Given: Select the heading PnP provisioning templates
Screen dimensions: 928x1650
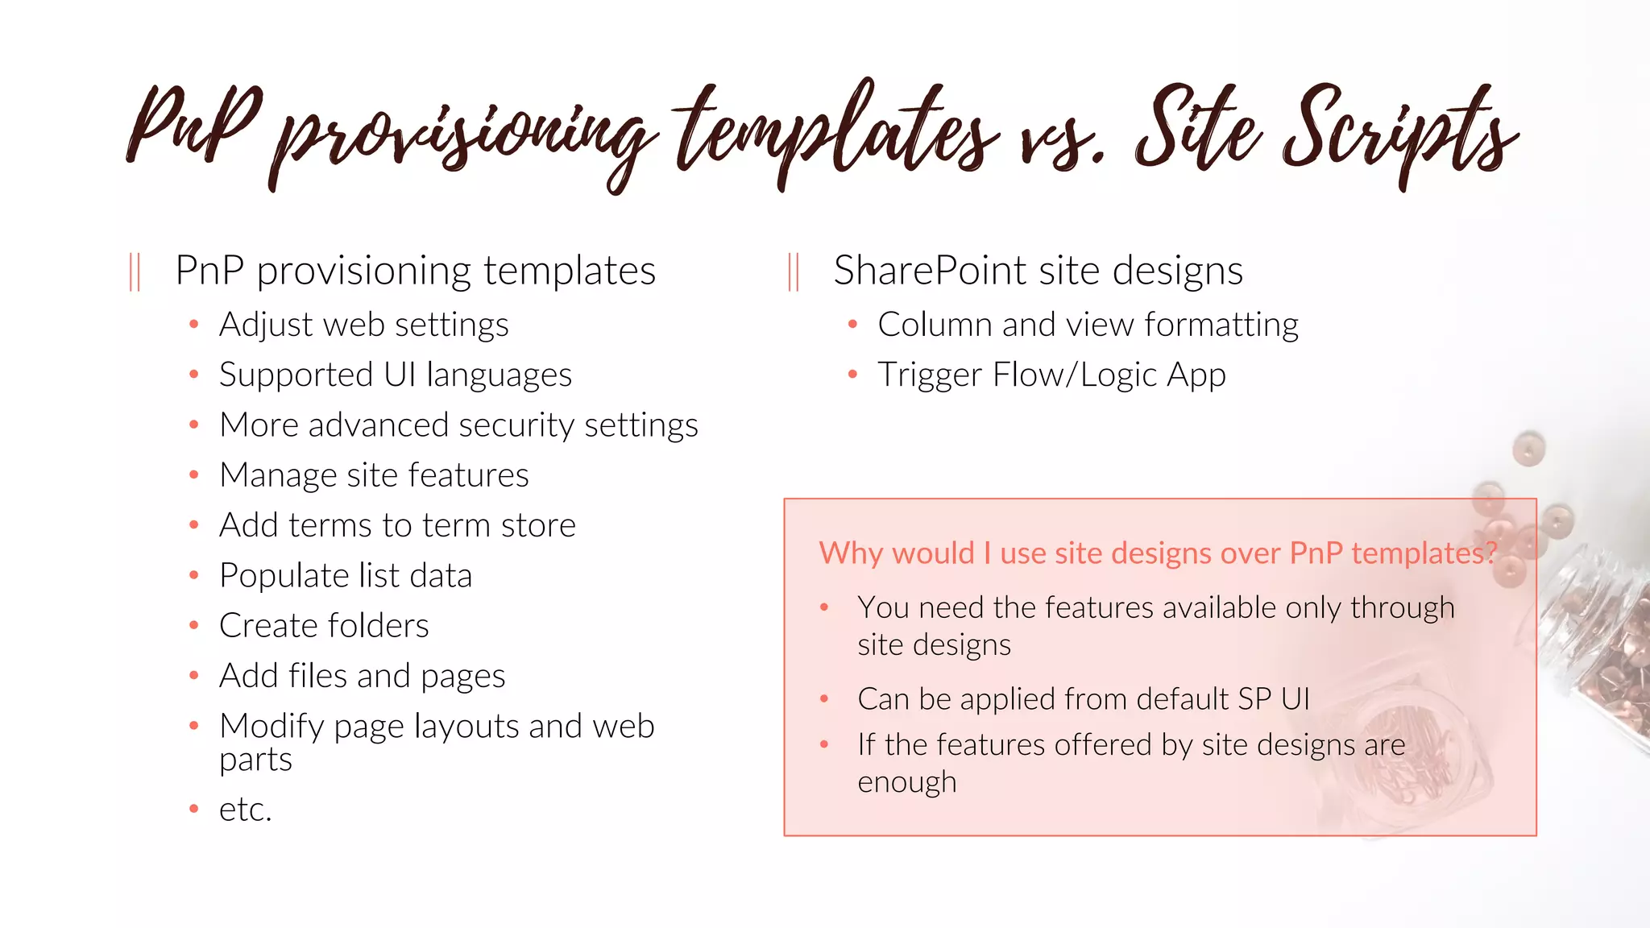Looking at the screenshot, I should pos(415,271).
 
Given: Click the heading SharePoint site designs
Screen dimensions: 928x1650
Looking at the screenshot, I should pos(1038,271).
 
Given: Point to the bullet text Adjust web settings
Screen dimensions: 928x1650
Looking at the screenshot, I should pos(363,325).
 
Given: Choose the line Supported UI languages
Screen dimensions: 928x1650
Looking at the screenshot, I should pos(395,375).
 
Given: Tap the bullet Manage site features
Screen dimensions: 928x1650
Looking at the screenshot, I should pos(374,475).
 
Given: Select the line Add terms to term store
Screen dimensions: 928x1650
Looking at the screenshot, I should pos(397,525).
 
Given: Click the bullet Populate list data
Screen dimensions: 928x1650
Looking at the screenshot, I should pos(345,576).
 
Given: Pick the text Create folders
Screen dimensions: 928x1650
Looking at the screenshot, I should pos(324,626).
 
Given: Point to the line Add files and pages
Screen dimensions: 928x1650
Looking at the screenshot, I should pos(362,676).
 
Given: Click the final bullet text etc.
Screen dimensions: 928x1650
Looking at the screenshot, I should pos(245,810).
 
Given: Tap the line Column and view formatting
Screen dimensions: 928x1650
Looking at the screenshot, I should pos(1088,325).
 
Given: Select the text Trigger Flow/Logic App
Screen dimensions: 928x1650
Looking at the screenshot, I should pos(1051,375).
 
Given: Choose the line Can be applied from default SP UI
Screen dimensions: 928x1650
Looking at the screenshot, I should pos(1083,699).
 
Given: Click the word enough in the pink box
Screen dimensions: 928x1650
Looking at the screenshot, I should pos(906,782).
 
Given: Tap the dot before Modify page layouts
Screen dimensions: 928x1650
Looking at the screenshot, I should pos(193,726).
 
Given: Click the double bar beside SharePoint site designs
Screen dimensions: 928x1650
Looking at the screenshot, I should pos(794,271).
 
